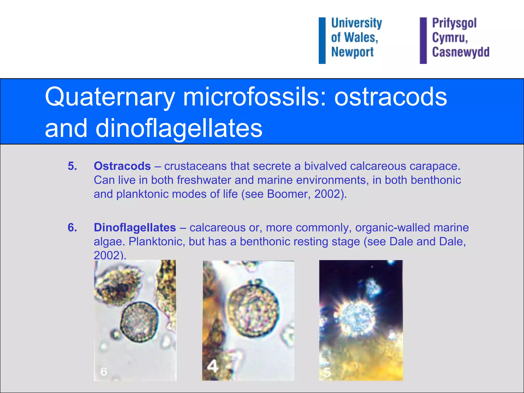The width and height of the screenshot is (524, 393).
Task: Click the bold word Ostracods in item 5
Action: [x=122, y=166]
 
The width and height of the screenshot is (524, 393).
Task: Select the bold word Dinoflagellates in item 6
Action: [x=135, y=227]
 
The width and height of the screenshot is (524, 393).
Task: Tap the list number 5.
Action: [x=72, y=166]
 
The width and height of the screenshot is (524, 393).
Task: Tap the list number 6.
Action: [x=72, y=227]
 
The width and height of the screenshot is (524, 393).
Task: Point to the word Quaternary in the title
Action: [x=110, y=97]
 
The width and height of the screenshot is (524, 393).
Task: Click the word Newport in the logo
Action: [x=352, y=52]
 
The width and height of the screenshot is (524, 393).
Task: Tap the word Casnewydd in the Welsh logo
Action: [x=461, y=52]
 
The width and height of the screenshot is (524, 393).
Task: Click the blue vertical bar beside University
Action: [x=322, y=40]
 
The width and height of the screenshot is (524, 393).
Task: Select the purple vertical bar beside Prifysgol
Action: [x=423, y=40]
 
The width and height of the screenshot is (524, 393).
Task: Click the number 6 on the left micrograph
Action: [x=104, y=372]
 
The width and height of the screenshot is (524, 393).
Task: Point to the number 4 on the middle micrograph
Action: [x=212, y=366]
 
